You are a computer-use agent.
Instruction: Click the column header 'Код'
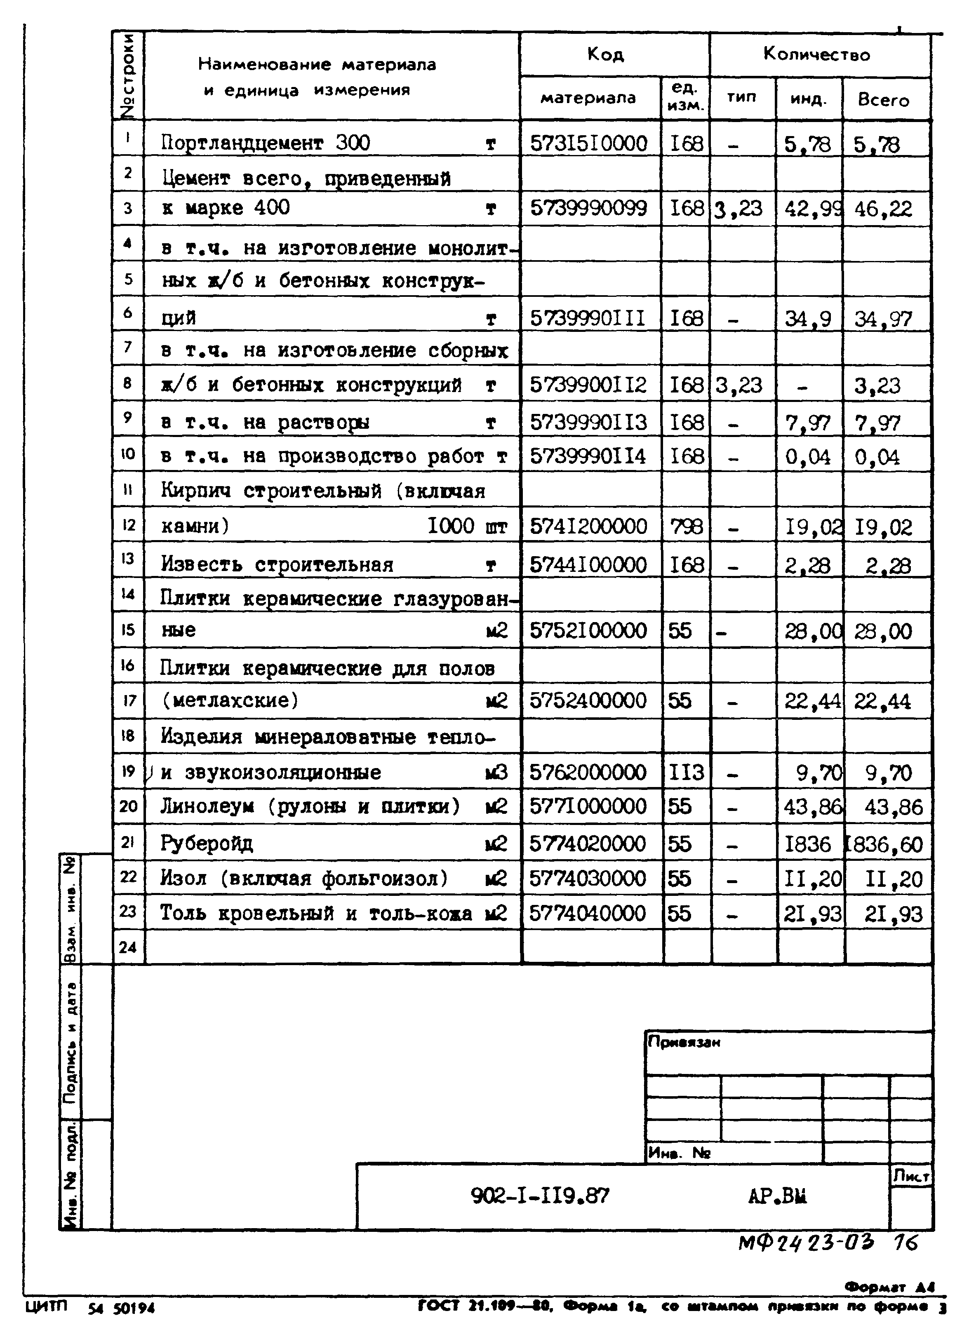[605, 54]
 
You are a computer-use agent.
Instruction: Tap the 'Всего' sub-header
[883, 99]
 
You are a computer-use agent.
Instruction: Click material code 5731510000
[588, 143]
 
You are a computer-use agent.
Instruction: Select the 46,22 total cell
[883, 209]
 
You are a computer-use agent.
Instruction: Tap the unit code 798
[686, 526]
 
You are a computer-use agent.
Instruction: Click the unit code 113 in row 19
[686, 772]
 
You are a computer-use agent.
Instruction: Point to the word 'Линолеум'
[207, 806]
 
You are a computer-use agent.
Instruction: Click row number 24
[128, 947]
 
